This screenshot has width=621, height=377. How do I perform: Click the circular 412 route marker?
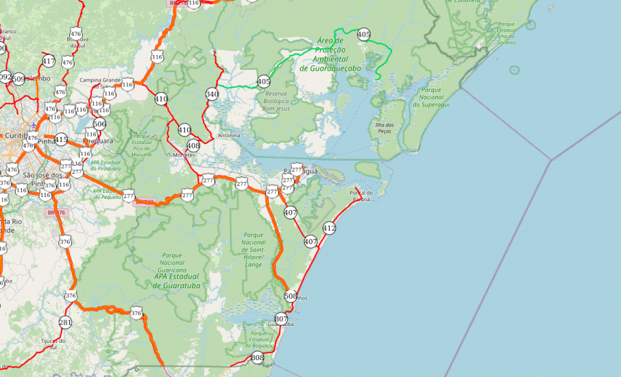pyautogui.click(x=329, y=228)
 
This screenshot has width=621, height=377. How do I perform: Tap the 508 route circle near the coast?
pyautogui.click(x=290, y=296)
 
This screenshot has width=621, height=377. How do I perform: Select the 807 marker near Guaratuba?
pyautogui.click(x=281, y=319)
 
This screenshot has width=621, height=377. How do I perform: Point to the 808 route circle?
pyautogui.click(x=257, y=358)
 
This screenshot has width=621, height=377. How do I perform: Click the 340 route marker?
pyautogui.click(x=212, y=94)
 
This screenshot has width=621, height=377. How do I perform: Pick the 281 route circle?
pyautogui.click(x=65, y=323)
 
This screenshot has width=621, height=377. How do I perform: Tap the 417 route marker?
pyautogui.click(x=48, y=61)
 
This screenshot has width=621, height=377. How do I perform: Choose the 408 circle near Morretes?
pyautogui.click(x=193, y=145)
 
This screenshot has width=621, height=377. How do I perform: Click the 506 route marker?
pyautogui.click(x=100, y=124)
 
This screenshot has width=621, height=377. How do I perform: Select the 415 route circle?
pyautogui.click(x=61, y=140)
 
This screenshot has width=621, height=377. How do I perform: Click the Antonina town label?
pyautogui.click(x=229, y=135)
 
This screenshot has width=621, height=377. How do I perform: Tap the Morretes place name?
pyautogui.click(x=184, y=155)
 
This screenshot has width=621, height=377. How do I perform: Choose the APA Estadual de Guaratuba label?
pyautogui.click(x=176, y=281)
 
